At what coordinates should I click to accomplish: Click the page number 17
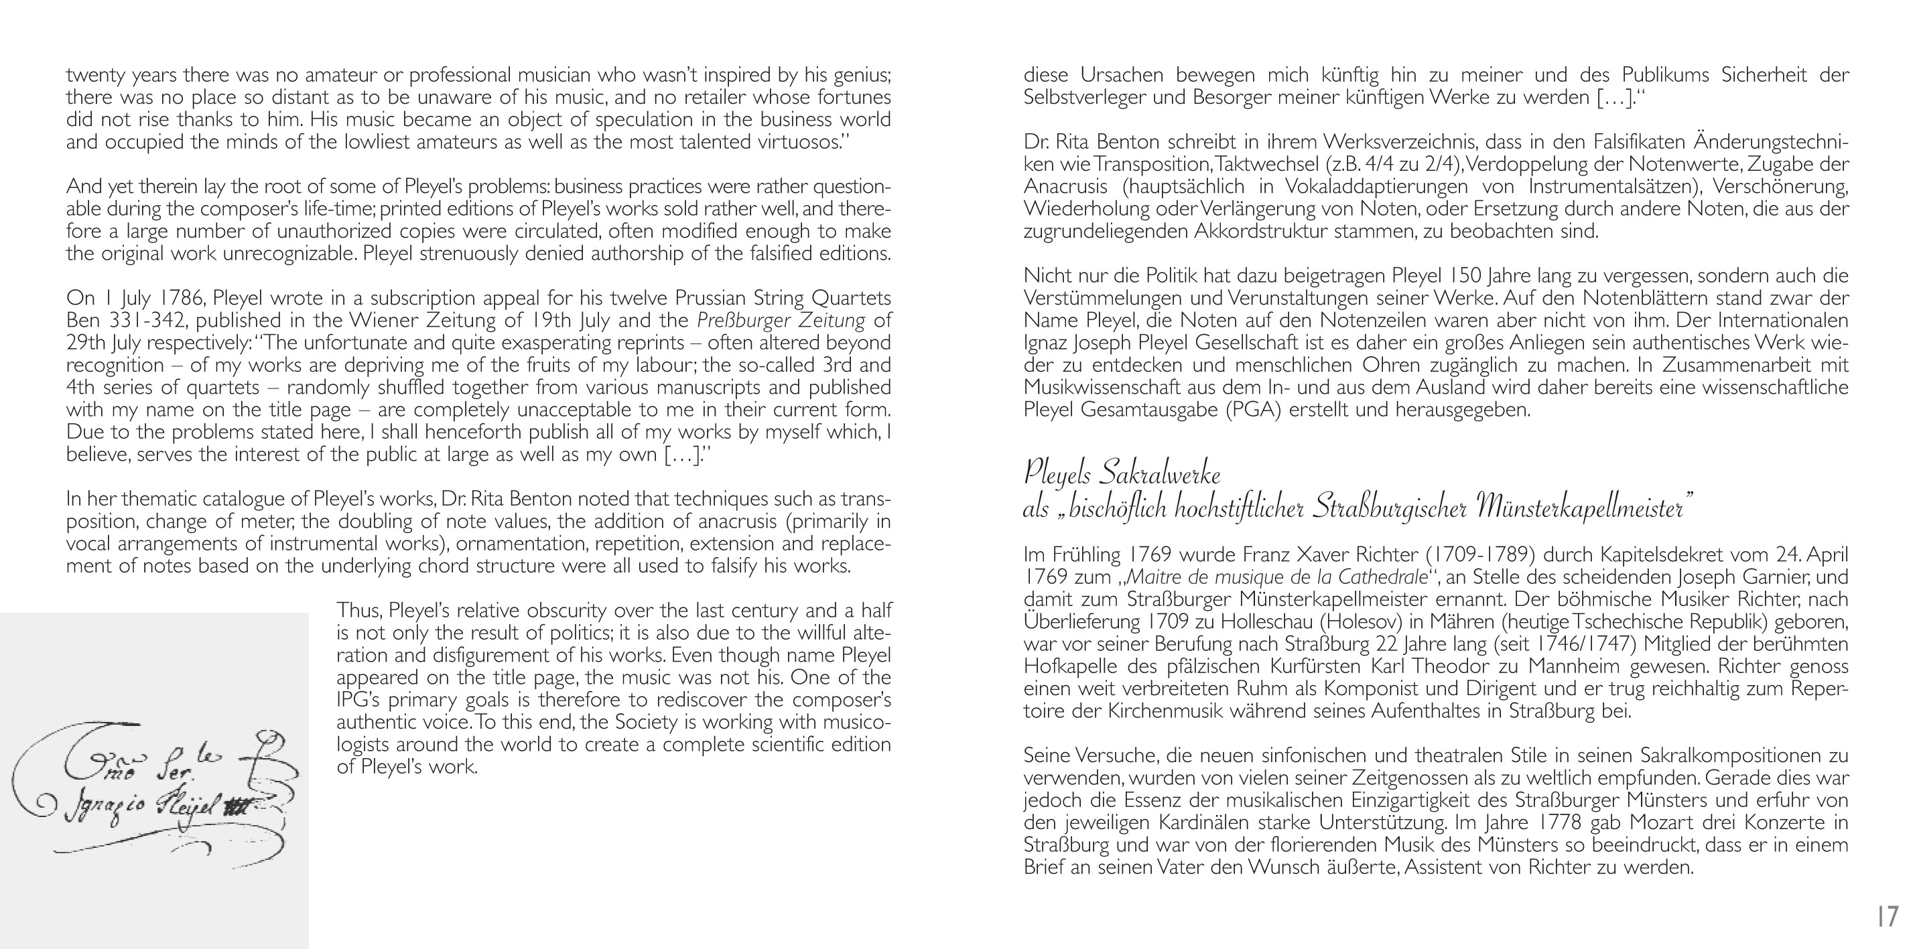pos(1888,916)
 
